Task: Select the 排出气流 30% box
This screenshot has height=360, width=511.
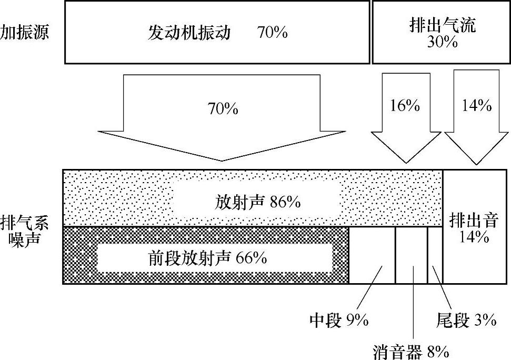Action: point(442,32)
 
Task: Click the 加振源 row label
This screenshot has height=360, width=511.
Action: point(25,33)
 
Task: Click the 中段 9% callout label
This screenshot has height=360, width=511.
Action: point(339,320)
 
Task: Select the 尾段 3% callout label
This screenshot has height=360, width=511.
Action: point(466,320)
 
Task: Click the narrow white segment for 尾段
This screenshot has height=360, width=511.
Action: point(435,247)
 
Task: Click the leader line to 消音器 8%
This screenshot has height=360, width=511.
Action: point(413,305)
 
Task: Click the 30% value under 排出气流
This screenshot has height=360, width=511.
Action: point(442,43)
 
